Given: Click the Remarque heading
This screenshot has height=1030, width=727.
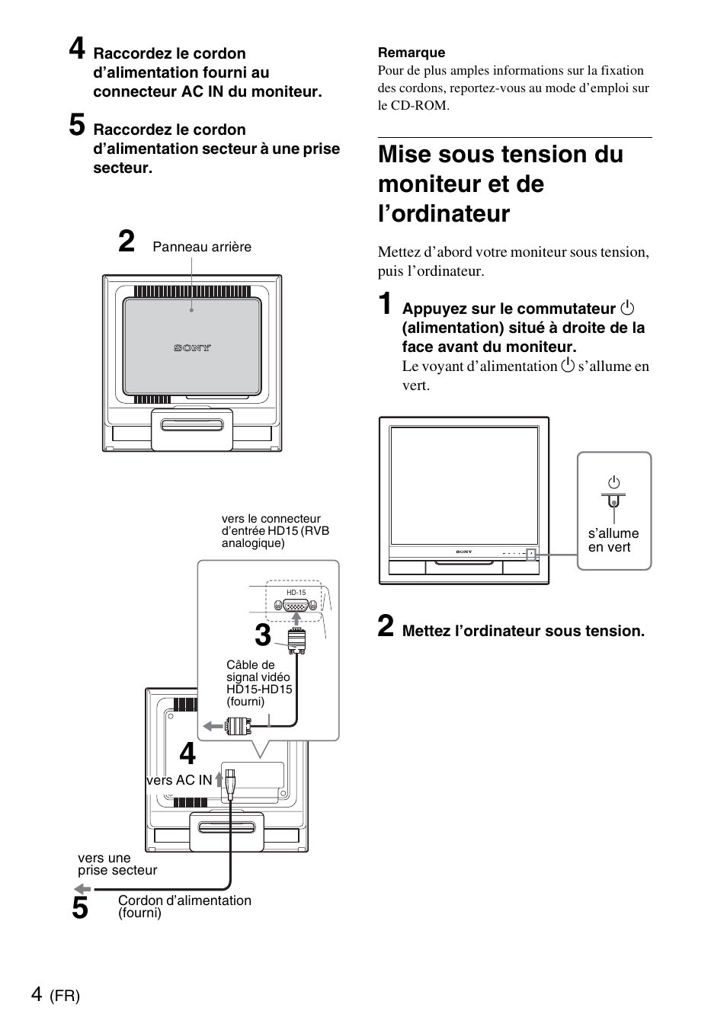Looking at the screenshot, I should [x=412, y=53].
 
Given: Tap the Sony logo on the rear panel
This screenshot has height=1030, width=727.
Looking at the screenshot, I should [x=192, y=348].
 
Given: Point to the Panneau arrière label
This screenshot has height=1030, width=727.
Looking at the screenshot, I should [x=202, y=247].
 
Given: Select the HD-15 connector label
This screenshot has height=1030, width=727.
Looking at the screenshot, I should [x=296, y=593].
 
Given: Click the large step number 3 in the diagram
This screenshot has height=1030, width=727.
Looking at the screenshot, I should [x=263, y=635].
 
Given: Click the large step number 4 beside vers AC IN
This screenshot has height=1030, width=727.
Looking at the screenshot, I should [x=187, y=754].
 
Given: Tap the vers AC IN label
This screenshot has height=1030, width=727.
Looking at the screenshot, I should [x=179, y=780].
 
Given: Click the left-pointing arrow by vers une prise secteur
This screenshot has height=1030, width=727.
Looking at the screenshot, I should [x=82, y=889].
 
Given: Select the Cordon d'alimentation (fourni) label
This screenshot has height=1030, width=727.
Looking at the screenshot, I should [x=184, y=906].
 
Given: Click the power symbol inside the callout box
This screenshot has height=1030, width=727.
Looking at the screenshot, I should [x=613, y=482].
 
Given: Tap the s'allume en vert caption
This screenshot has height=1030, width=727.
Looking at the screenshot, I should [x=613, y=540].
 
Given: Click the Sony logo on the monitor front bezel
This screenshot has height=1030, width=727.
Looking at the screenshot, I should [x=463, y=552].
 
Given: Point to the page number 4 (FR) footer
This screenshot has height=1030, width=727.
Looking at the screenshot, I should [x=56, y=995].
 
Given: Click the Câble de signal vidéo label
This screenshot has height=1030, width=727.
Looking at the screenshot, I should [x=258, y=683].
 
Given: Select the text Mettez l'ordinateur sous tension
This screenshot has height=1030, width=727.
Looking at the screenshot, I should [x=523, y=631].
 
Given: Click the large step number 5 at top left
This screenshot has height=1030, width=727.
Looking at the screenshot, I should [x=77, y=125].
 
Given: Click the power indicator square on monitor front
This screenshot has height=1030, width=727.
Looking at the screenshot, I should [x=532, y=555].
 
